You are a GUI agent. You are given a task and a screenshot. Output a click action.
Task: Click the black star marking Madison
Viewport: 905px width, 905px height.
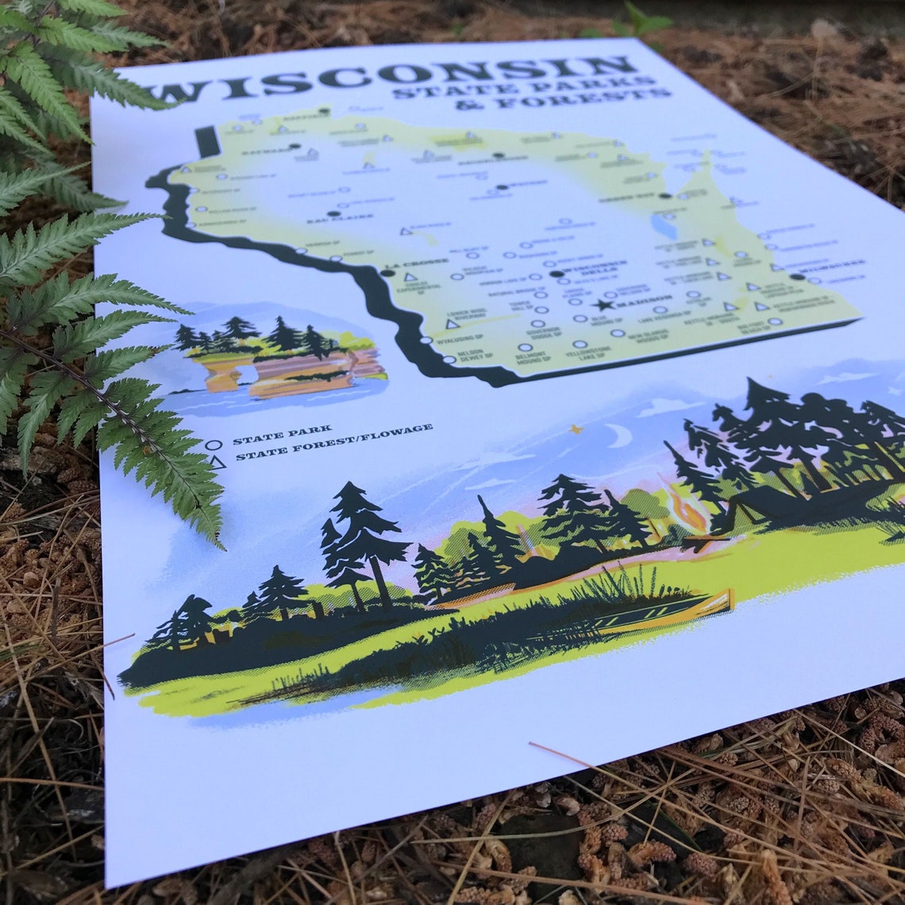[x=603, y=305]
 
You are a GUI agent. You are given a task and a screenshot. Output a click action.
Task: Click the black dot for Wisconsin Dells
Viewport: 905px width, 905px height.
[x=556, y=274]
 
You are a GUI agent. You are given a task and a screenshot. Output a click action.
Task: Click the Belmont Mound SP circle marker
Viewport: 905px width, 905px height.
[x=525, y=347]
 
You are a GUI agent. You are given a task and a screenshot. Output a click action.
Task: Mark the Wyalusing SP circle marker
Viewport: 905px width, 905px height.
[x=426, y=341]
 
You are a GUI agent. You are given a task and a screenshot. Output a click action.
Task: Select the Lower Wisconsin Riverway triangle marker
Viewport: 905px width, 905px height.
[x=452, y=324]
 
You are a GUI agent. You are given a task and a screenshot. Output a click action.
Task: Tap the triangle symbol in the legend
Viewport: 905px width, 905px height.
[x=215, y=460]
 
